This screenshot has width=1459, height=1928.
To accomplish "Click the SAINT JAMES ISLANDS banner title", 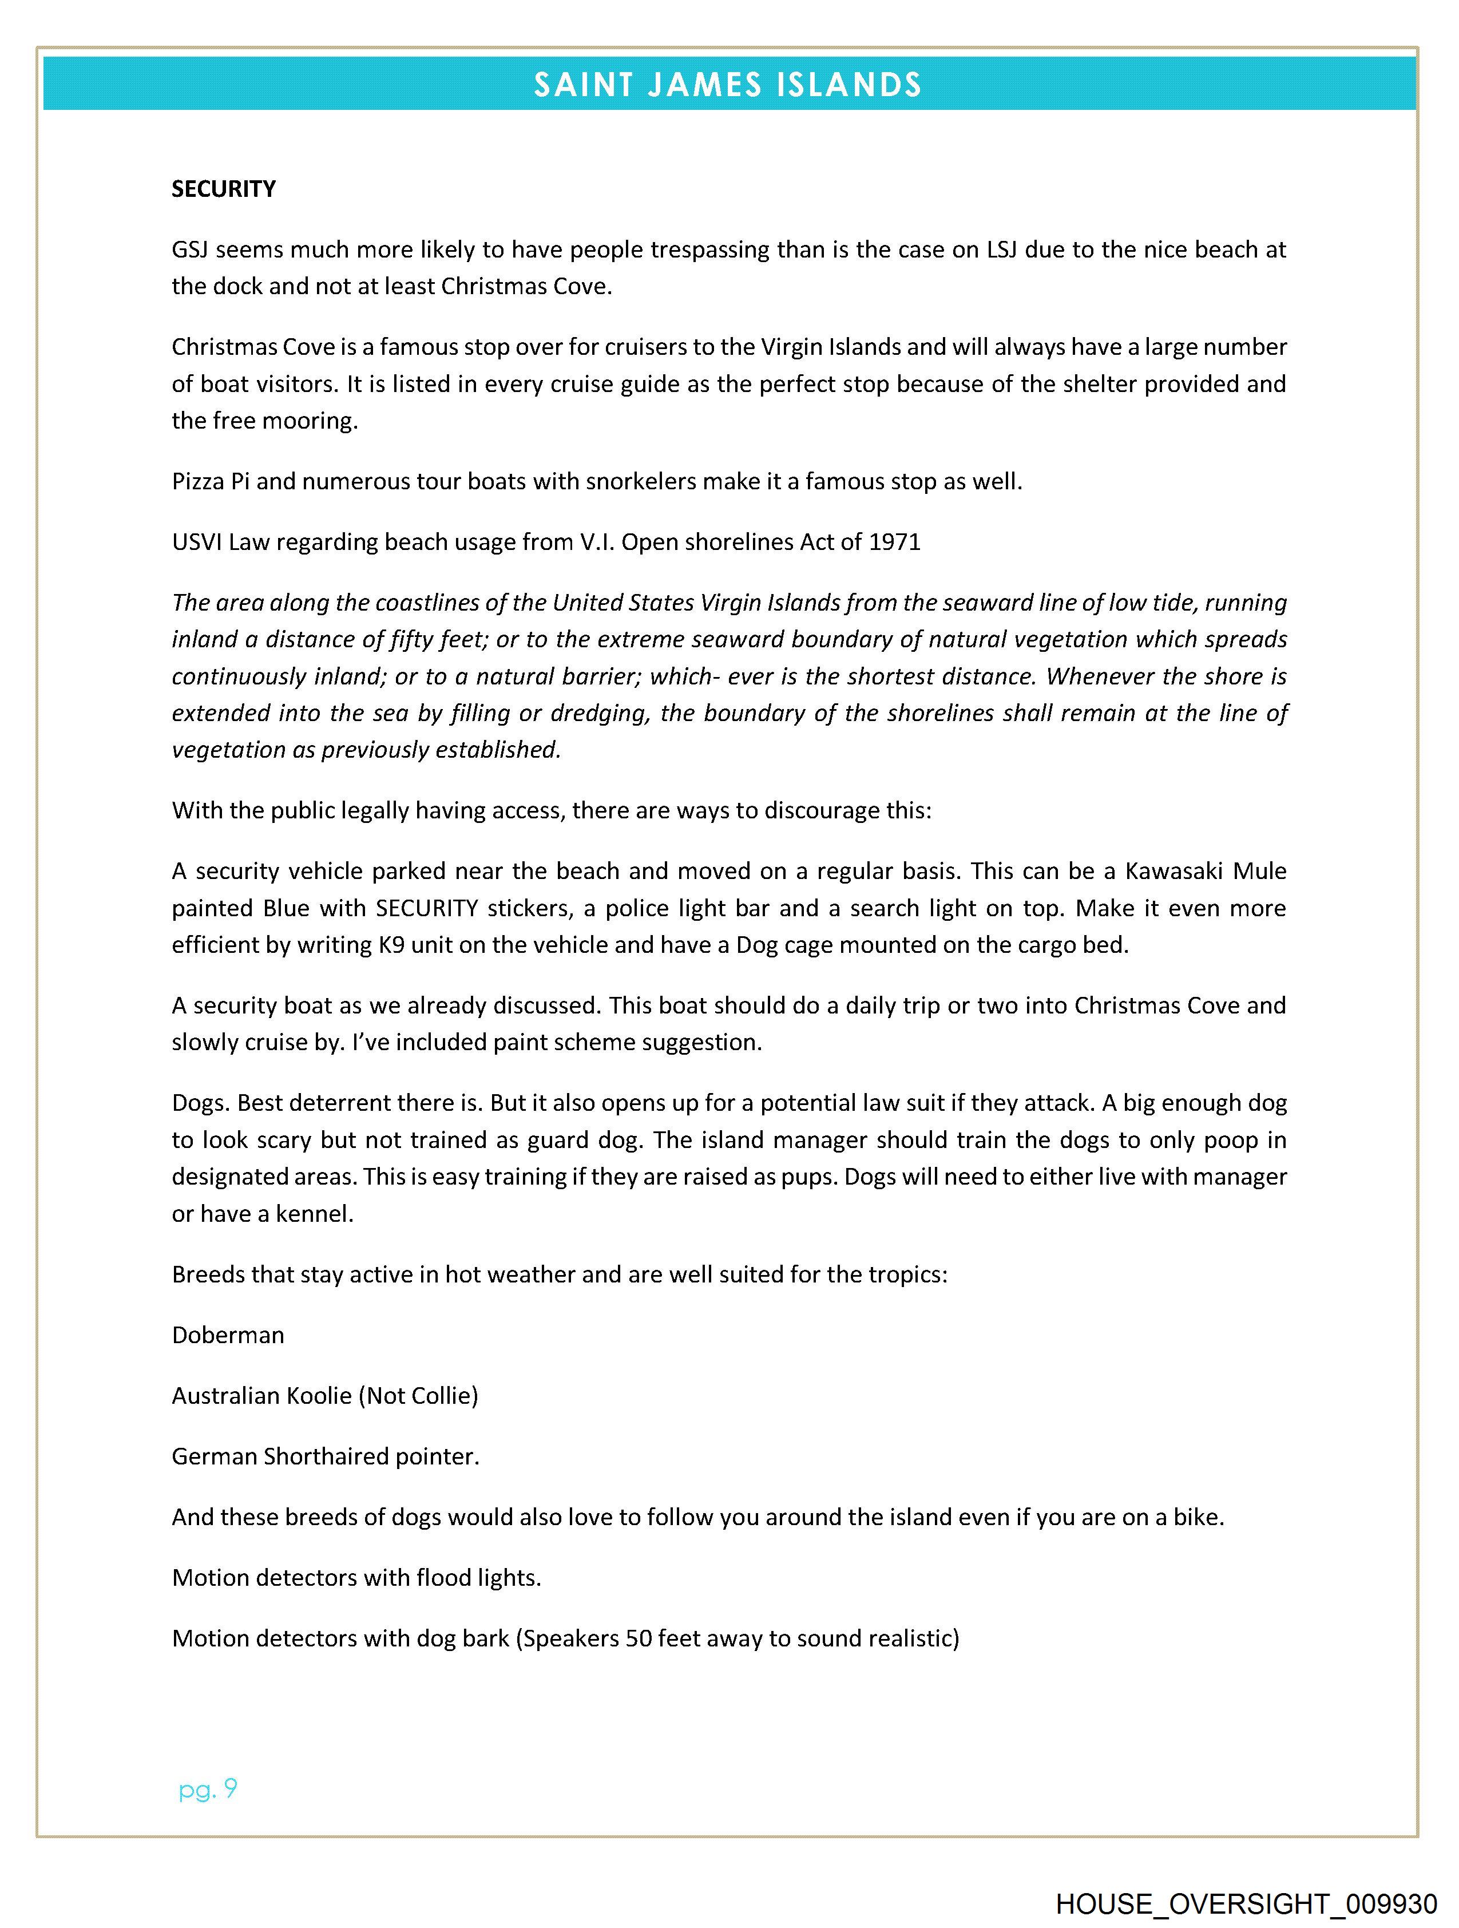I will (x=728, y=85).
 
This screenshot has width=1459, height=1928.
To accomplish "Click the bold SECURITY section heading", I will (x=223, y=189).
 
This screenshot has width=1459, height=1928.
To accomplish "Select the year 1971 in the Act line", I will (x=894, y=542).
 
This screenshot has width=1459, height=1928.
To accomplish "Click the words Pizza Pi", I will (x=210, y=481).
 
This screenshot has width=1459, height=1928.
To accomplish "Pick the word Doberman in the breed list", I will (x=228, y=1335).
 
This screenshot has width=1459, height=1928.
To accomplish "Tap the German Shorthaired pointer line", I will (x=325, y=1456).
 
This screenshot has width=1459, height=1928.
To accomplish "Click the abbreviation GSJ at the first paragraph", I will (x=189, y=250).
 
